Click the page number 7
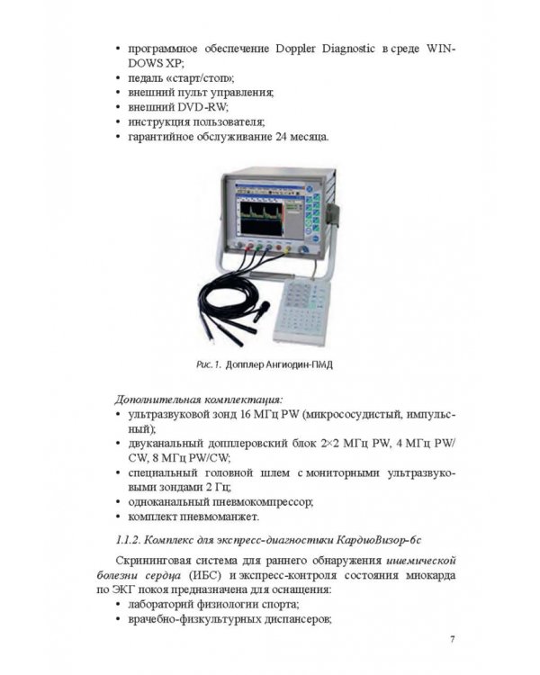[x=453, y=641]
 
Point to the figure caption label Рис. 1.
[x=207, y=366]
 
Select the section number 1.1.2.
[x=131, y=538]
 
